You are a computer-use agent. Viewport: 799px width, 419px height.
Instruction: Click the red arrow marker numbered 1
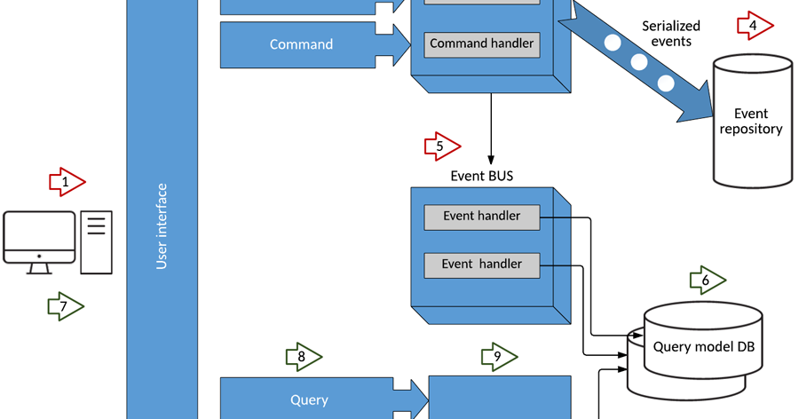click(66, 182)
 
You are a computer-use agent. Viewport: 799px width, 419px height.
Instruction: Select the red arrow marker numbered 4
click(755, 27)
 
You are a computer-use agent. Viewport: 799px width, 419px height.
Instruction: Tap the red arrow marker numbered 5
click(442, 146)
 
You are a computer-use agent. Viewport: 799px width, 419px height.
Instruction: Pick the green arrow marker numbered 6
click(708, 281)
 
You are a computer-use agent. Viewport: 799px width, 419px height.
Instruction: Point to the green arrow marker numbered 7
click(65, 307)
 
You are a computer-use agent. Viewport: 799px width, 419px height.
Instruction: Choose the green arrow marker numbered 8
click(303, 357)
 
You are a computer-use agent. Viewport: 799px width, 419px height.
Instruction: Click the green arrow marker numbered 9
click(499, 357)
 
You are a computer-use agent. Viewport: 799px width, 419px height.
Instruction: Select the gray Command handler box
click(481, 43)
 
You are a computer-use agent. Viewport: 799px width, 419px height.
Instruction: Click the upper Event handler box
click(481, 217)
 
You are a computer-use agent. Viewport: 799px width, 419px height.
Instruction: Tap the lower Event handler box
click(481, 264)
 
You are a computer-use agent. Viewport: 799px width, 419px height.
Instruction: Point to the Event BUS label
click(481, 176)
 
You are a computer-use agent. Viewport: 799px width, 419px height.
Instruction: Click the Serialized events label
click(671, 34)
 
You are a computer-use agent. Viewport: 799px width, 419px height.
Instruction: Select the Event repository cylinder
click(751, 122)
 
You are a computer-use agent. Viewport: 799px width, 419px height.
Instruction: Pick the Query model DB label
click(702, 346)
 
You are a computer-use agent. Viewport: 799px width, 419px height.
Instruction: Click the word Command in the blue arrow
click(301, 44)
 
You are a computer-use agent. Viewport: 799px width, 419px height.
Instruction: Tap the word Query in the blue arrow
click(309, 399)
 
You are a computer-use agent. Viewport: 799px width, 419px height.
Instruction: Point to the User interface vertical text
click(162, 226)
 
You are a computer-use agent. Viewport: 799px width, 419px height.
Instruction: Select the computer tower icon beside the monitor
click(96, 241)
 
